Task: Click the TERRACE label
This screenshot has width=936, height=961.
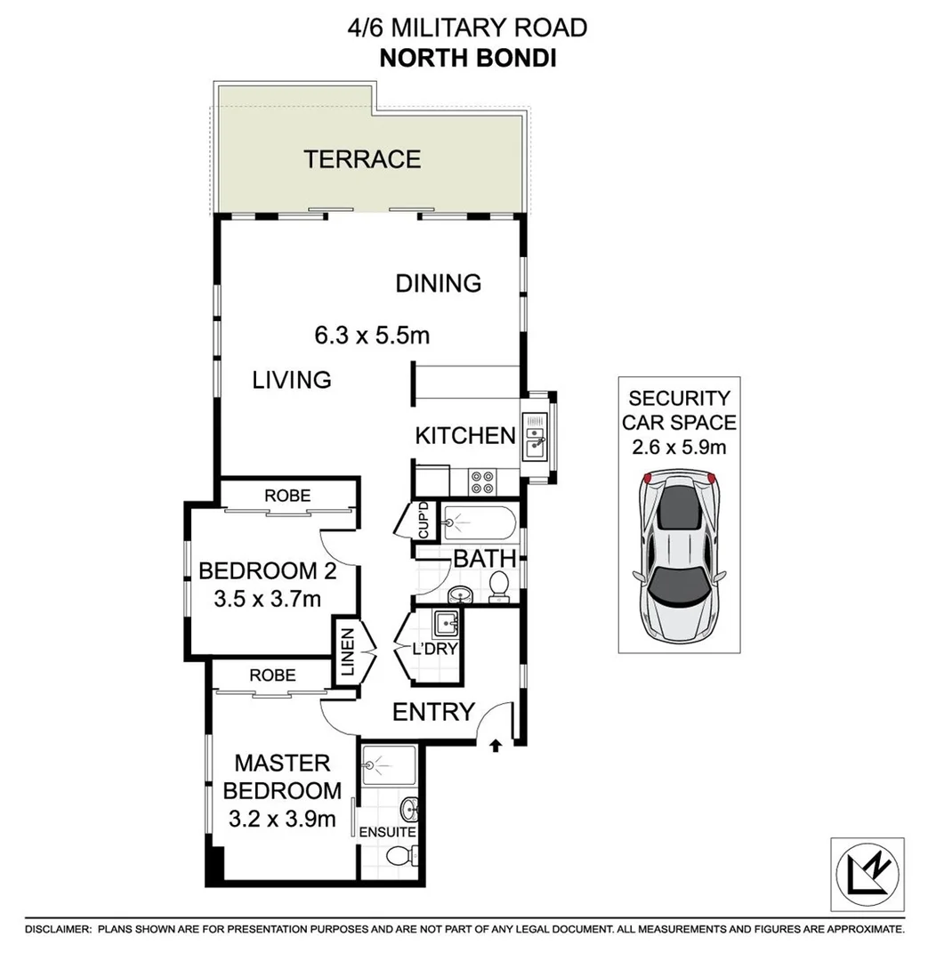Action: [x=361, y=159]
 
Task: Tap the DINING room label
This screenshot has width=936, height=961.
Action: [x=438, y=283]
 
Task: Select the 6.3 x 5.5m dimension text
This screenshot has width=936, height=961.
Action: [x=372, y=335]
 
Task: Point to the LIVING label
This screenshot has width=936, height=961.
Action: [x=292, y=380]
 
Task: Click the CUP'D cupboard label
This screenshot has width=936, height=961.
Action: [x=424, y=521]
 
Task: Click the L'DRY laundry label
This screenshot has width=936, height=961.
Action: [x=436, y=649]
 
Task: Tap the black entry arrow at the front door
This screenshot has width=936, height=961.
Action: [x=496, y=745]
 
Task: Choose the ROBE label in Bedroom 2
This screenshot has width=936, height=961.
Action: [x=287, y=496]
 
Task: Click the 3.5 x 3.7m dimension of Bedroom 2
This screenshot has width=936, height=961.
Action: [x=267, y=599]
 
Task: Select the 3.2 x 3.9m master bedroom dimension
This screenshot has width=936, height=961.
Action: [x=281, y=819]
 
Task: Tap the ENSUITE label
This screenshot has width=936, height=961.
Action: [x=387, y=833]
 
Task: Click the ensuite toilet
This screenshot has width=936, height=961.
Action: [x=401, y=857]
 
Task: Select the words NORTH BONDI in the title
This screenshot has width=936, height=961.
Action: [x=467, y=60]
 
